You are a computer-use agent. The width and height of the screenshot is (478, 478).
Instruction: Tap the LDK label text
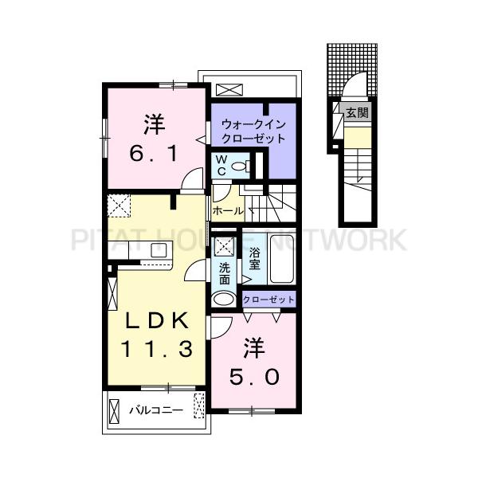pos(155,320)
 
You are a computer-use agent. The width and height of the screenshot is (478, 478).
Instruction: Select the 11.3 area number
pos(155,348)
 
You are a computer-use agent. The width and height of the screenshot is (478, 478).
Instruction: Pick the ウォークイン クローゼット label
pos(253,131)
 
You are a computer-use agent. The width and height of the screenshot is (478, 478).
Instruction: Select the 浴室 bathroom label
pos(255,259)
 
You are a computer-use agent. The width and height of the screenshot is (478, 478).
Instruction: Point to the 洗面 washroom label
pos(225,275)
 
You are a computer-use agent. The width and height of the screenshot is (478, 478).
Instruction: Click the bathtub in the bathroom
pos(283,258)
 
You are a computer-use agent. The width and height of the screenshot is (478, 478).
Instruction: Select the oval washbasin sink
pos(225,299)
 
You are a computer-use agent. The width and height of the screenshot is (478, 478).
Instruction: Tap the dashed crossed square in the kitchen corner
pos(119,206)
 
